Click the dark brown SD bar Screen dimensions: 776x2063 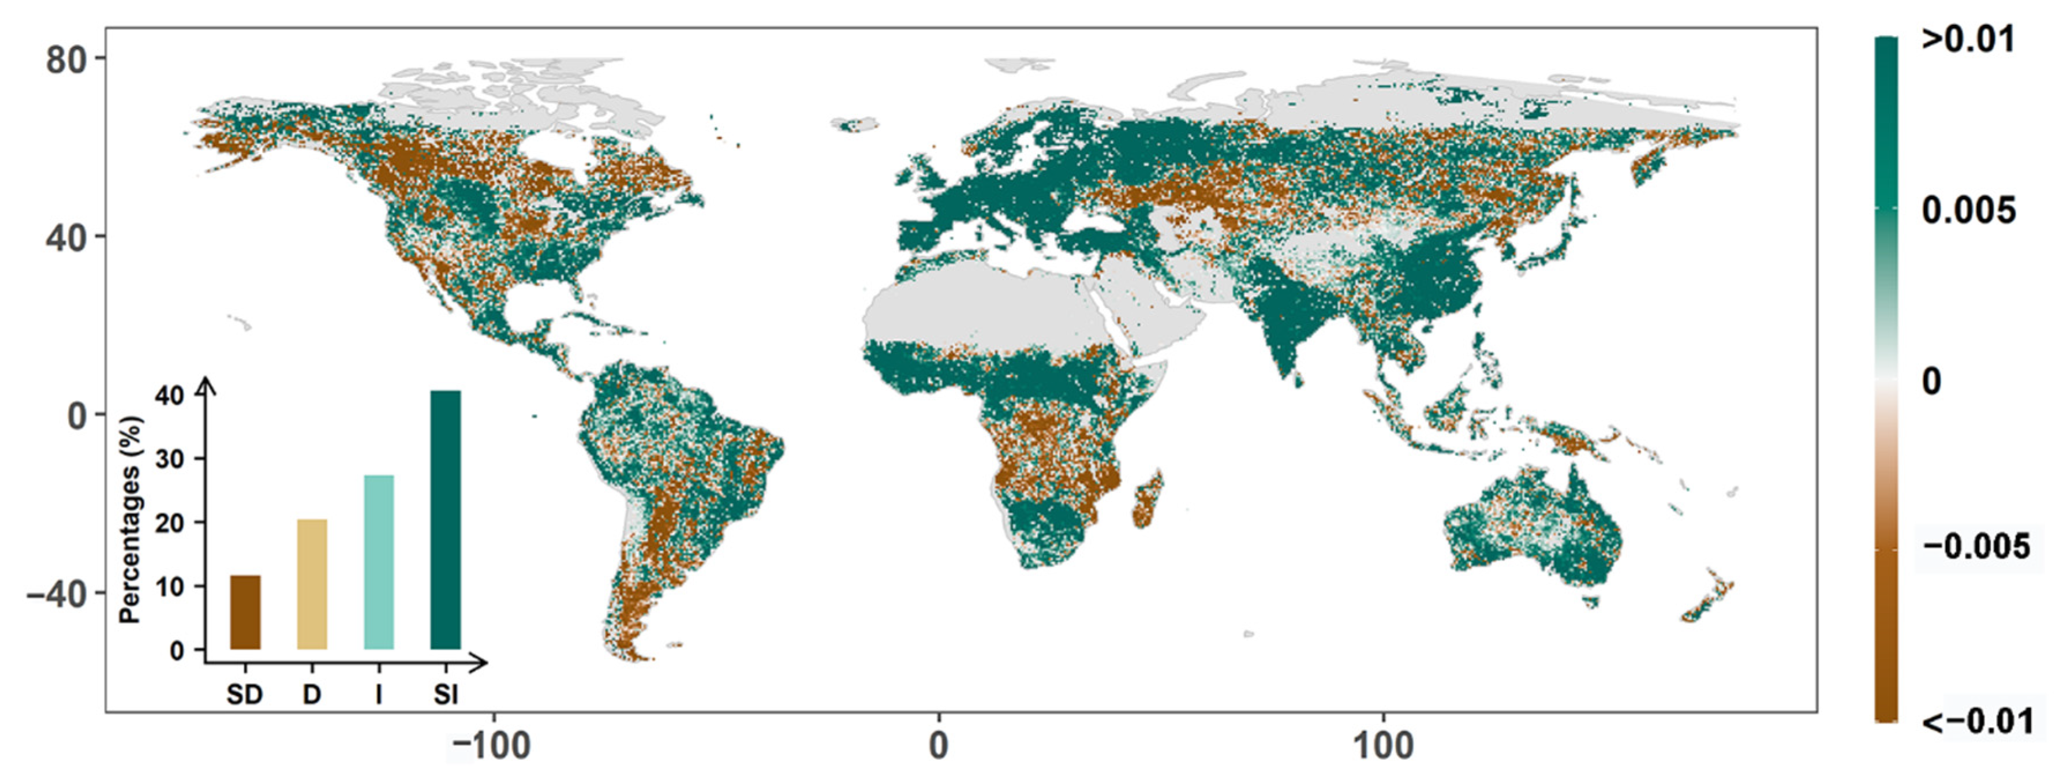245,612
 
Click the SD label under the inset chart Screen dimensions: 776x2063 244,695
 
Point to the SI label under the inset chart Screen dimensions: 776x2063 445,695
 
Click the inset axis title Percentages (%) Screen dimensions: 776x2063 130,521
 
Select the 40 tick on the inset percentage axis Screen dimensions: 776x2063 176,396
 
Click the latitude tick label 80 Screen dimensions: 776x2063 66,59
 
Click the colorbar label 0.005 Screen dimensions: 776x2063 1968,211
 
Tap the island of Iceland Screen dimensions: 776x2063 854,124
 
